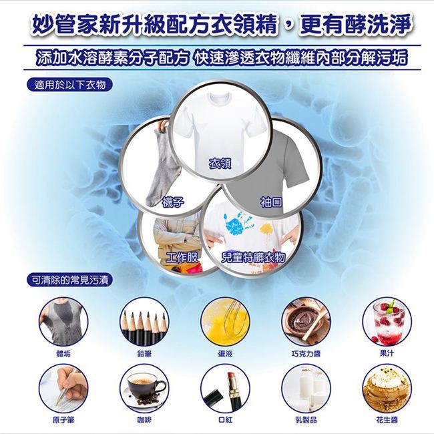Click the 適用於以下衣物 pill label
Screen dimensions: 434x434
69,85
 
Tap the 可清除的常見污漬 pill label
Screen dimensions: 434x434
69,280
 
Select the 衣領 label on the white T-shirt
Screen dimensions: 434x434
220,164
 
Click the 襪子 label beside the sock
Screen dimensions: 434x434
173,202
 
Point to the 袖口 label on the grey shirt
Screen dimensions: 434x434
271,202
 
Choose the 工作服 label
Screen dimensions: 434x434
182,258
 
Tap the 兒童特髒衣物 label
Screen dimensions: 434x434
253,258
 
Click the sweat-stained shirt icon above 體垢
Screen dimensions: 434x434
63,322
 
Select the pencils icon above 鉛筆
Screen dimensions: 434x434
144,322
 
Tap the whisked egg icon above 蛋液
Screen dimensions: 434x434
225,322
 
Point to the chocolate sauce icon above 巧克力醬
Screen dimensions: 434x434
306,322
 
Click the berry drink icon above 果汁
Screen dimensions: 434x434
387,322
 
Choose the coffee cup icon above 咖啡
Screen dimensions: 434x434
144,389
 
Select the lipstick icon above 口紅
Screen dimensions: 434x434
225,389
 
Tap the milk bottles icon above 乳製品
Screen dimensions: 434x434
306,389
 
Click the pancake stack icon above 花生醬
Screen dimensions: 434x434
387,389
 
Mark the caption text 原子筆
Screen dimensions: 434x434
63,420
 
